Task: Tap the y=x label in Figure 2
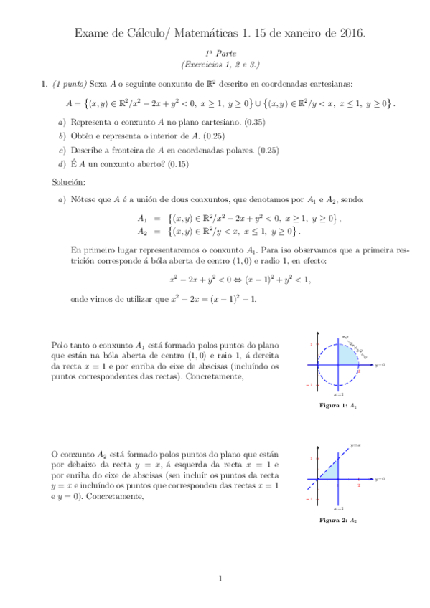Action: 355,445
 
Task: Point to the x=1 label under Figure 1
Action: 339,395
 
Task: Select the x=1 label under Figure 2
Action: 338,508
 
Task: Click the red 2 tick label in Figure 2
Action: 358,485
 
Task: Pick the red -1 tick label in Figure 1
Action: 310,385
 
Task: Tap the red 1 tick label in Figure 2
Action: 311,459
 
